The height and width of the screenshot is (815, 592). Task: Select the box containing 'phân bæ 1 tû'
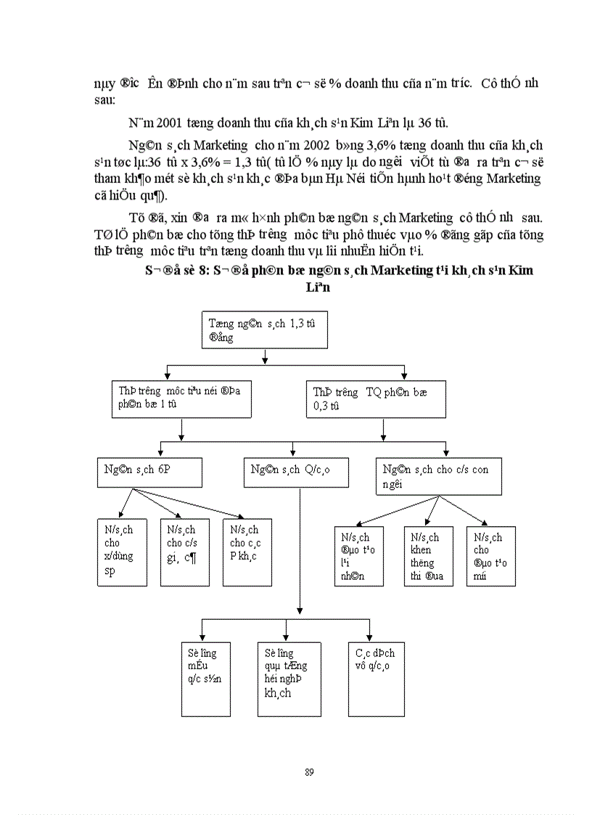(x=181, y=398)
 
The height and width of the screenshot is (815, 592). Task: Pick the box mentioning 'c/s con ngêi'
(x=438, y=476)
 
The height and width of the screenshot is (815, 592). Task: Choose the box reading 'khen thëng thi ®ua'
(x=428, y=556)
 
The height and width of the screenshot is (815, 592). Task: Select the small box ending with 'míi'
(x=490, y=556)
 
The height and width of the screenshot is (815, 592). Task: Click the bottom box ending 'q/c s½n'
(x=205, y=679)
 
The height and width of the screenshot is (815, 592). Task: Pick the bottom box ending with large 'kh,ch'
(x=289, y=679)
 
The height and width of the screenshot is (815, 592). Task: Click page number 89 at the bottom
(x=310, y=771)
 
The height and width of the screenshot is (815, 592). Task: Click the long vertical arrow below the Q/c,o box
(x=300, y=552)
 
